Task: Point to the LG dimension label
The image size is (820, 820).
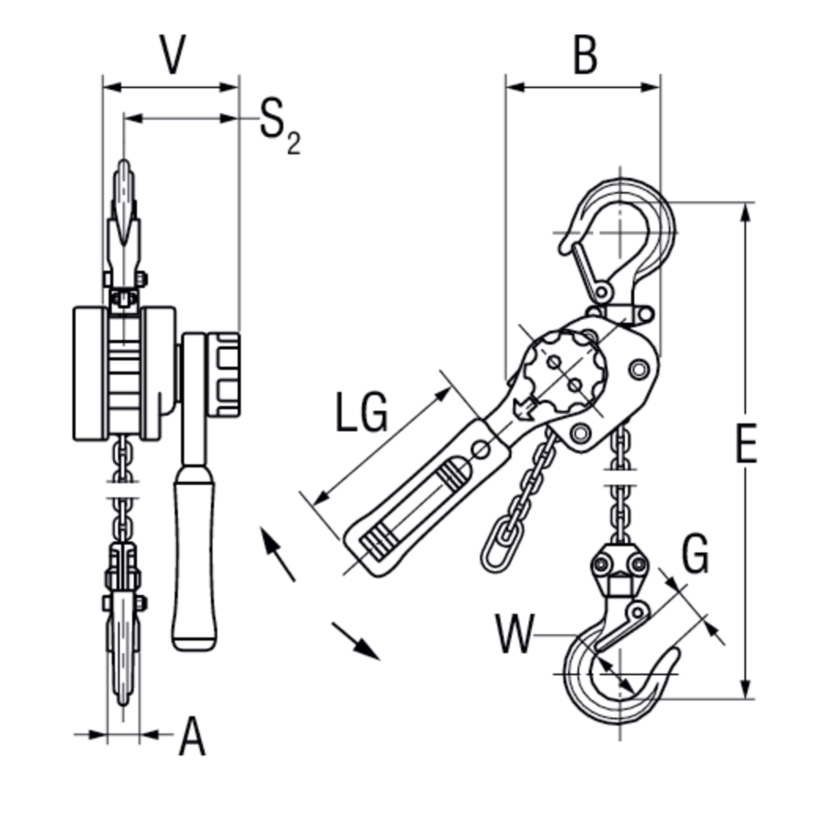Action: (362, 413)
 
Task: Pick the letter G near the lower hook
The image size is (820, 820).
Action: (695, 554)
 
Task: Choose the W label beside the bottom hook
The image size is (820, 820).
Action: (514, 635)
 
